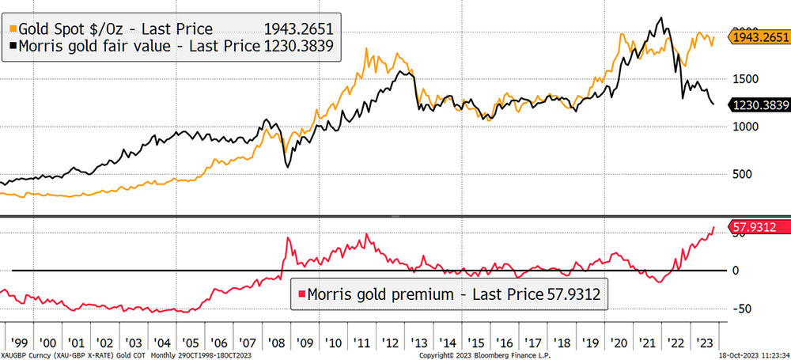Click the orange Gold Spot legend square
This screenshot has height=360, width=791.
tap(12, 28)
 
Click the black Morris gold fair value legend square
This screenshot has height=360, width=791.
tap(12, 47)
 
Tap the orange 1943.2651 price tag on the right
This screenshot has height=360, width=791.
tap(760, 38)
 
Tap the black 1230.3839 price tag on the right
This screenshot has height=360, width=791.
tap(760, 104)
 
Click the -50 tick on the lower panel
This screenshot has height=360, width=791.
tap(742, 309)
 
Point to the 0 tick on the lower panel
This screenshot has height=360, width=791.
tap(737, 271)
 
